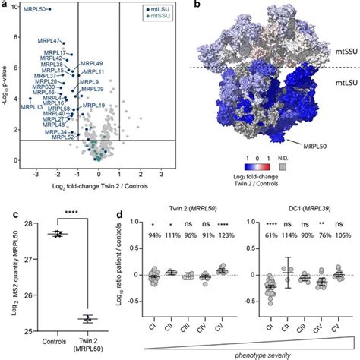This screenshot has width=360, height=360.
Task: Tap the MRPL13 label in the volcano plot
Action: pyautogui.click(x=32, y=108)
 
